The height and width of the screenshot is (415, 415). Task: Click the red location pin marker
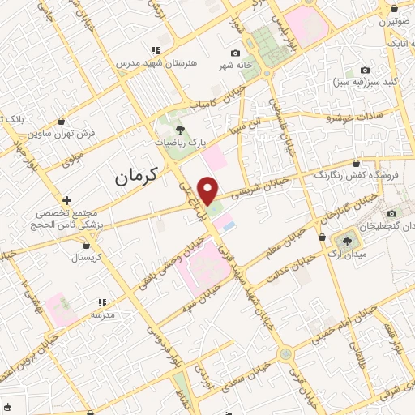coord(208,190)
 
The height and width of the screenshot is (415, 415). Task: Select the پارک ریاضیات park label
coord(177,141)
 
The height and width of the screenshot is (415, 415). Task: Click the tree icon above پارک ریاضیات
coord(180,128)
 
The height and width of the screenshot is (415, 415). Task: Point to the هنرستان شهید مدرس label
coord(156,62)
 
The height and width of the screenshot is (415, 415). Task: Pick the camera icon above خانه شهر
coord(235,53)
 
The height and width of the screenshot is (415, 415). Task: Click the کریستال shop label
coord(85,258)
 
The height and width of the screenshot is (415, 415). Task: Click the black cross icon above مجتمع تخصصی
coord(66,199)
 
